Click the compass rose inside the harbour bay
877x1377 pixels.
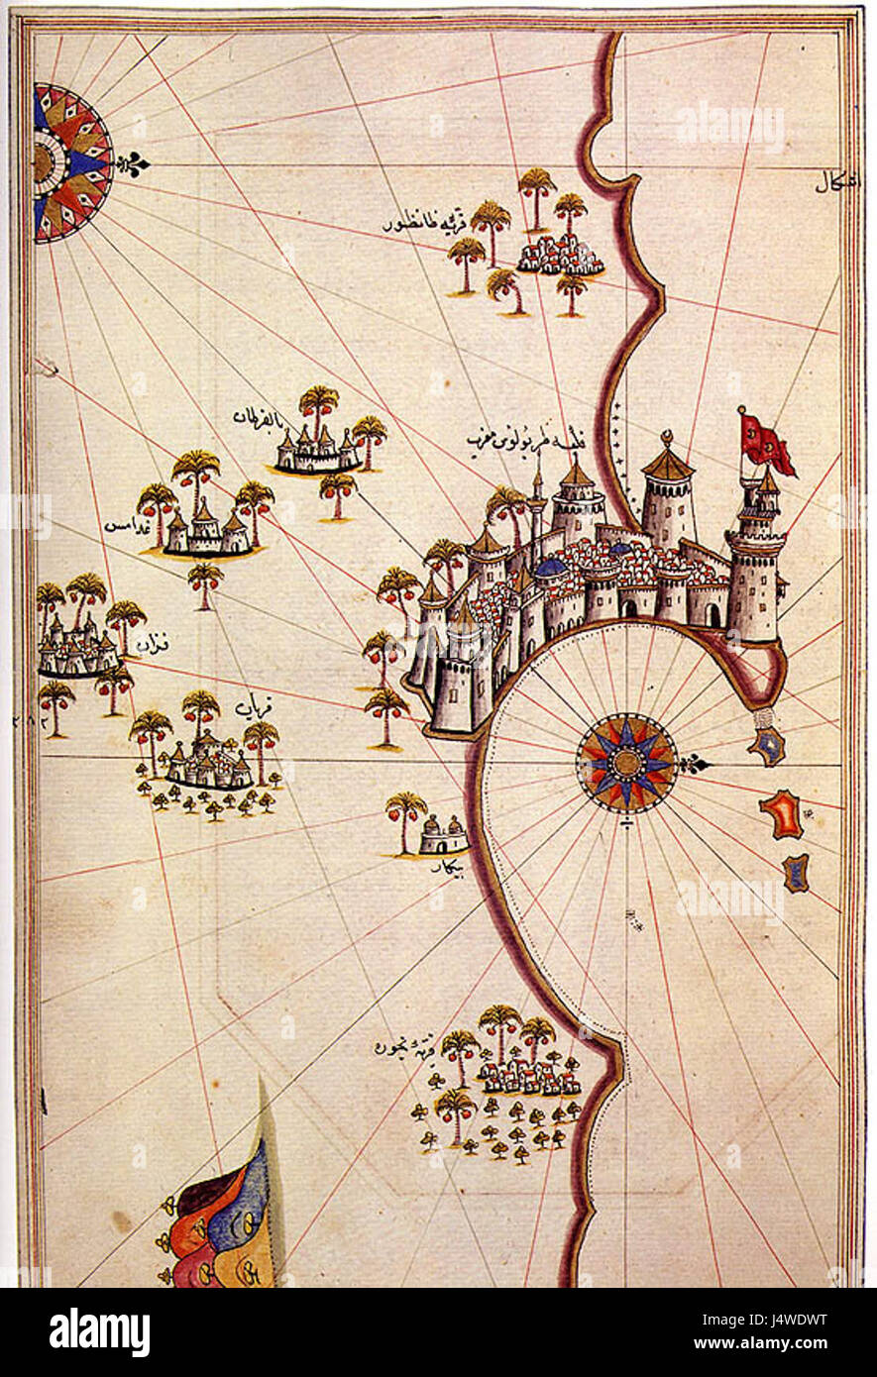[625, 762]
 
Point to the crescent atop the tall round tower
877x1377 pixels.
[667, 436]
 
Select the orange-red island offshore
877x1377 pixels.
[782, 813]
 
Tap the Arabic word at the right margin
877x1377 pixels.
[838, 182]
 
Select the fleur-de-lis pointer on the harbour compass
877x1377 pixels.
[696, 763]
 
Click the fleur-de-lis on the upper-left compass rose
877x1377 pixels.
[132, 163]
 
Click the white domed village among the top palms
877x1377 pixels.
[560, 256]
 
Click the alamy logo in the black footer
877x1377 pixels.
[99, 1332]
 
